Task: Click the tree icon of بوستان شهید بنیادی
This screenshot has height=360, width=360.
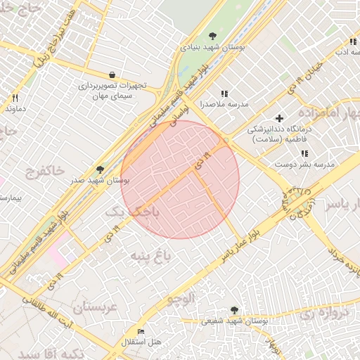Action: coord(213,37)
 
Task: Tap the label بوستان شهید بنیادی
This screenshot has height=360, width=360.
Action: coord(213,47)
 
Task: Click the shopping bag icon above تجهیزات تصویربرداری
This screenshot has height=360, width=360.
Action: coord(112,75)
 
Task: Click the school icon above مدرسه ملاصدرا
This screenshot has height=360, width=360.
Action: coord(224,94)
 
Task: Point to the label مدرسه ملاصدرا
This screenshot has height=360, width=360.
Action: coord(225,104)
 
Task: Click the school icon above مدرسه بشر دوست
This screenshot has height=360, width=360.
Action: coord(304,153)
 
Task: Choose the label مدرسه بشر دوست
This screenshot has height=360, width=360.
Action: coord(305,165)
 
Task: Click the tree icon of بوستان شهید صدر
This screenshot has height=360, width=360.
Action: coord(100,169)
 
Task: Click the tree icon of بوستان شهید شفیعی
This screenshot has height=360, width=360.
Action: coord(234,310)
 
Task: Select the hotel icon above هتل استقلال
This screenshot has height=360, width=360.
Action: coord(141,331)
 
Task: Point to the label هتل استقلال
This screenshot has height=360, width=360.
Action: coord(142,342)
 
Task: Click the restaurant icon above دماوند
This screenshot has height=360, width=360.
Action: coord(15,98)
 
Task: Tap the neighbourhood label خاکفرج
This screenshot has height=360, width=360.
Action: coord(44,170)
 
